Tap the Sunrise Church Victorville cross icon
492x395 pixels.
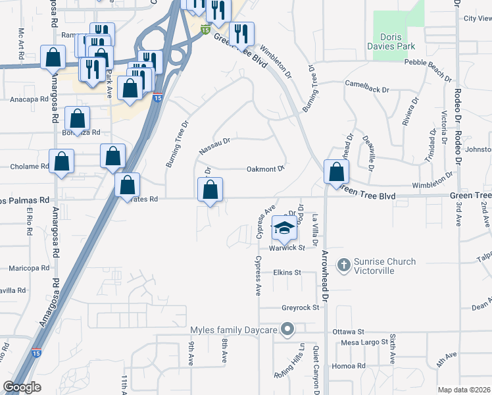pyautogui.click(x=343, y=265)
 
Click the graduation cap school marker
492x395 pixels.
pyautogui.click(x=285, y=228)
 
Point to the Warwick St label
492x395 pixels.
pyautogui.click(x=287, y=248)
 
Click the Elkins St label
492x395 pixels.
pyautogui.click(x=287, y=272)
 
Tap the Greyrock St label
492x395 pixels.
pyautogui.click(x=300, y=307)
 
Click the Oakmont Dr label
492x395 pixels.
pyautogui.click(x=265, y=169)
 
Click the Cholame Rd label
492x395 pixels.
pyautogui.click(x=30, y=167)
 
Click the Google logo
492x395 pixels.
pyautogui.click(x=22, y=387)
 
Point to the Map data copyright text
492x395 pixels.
pyautogui.click(x=464, y=390)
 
